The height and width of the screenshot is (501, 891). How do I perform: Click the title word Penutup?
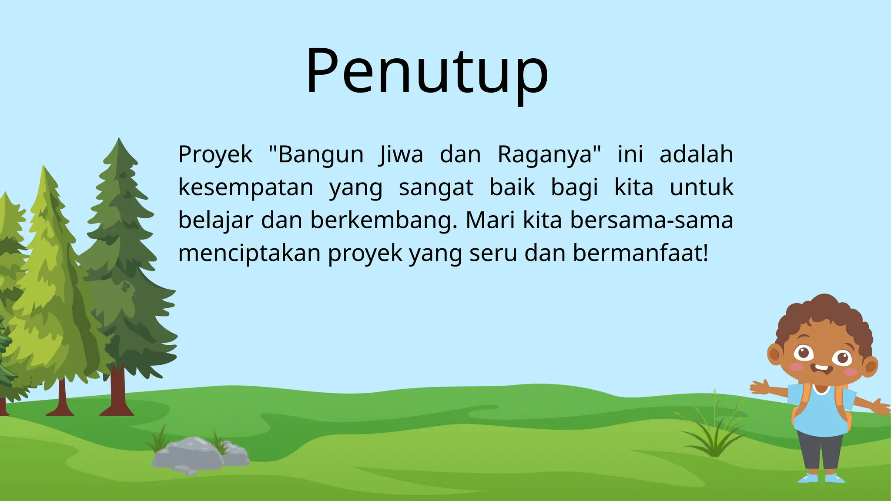[427, 72]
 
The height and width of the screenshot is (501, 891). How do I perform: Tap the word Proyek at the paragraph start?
[215, 155]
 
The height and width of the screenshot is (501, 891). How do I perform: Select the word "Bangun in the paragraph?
[316, 155]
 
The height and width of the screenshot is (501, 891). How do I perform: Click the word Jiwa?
[401, 155]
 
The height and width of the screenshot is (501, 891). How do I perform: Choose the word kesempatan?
[246, 188]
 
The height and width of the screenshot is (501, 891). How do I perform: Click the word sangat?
[436, 188]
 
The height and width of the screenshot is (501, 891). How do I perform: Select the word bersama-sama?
[652, 220]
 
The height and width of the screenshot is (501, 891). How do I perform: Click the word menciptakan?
[249, 253]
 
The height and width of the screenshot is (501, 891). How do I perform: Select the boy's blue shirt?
[820, 413]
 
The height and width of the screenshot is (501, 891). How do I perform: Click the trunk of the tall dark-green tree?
[117, 391]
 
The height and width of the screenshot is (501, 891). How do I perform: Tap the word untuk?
[701, 188]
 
